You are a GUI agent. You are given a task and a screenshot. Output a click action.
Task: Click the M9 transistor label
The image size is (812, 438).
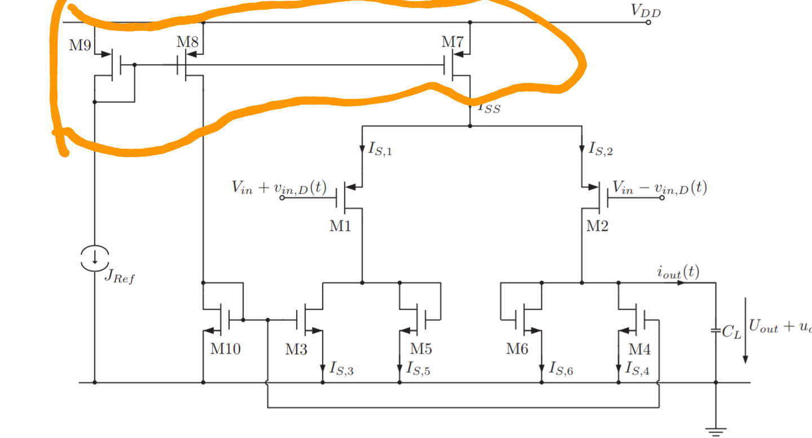(x=80, y=46)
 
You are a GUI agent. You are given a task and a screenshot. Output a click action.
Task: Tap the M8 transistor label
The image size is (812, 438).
(x=187, y=42)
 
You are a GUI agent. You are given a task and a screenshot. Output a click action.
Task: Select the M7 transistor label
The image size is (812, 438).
(x=452, y=42)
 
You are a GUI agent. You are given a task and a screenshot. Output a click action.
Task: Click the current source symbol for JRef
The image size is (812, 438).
(x=95, y=258)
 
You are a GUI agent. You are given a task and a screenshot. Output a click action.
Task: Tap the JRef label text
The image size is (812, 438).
(x=120, y=278)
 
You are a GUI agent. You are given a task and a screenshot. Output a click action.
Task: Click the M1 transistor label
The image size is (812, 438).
(x=340, y=226)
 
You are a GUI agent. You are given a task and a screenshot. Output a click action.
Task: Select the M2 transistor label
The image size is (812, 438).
(x=597, y=226)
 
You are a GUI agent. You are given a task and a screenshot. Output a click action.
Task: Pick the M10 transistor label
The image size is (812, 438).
(x=226, y=349)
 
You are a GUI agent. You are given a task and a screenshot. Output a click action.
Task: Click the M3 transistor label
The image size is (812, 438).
(x=296, y=349)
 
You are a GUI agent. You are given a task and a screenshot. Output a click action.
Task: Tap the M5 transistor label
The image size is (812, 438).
(x=421, y=349)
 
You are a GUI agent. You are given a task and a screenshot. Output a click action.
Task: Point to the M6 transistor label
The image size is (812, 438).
(x=517, y=349)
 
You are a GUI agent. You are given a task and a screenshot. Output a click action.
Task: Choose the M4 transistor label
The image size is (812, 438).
(x=639, y=349)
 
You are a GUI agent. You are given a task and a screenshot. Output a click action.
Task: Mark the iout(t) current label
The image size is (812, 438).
(x=678, y=272)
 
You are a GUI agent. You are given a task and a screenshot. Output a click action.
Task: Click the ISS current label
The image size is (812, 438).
(x=488, y=108)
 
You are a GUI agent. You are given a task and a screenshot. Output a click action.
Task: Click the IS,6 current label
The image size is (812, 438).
(x=562, y=369)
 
